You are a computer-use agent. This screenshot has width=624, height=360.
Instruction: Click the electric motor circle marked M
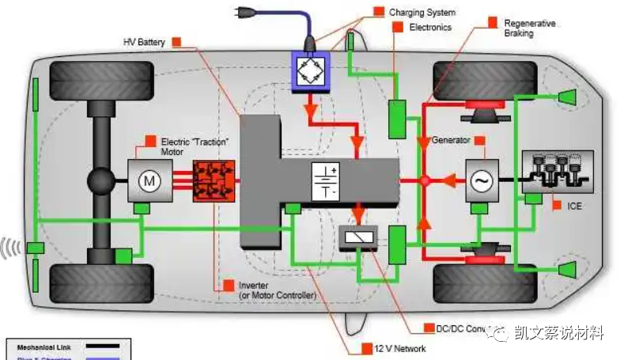tap(149, 181)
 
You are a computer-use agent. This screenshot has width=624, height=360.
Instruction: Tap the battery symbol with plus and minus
tap(324, 181)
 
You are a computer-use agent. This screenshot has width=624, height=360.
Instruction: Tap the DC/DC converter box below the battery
tap(358, 238)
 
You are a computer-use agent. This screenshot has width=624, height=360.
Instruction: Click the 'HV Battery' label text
tap(144, 42)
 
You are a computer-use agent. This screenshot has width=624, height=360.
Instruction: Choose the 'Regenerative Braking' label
tap(529, 28)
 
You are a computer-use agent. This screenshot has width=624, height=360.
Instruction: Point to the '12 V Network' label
tap(401, 348)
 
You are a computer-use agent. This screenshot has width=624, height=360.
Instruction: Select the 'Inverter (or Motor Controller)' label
tap(277, 290)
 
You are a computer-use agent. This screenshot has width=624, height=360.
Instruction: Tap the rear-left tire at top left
tap(101, 80)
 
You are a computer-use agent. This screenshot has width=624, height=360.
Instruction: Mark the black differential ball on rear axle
tap(102, 182)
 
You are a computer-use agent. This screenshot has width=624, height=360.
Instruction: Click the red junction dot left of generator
tap(424, 181)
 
